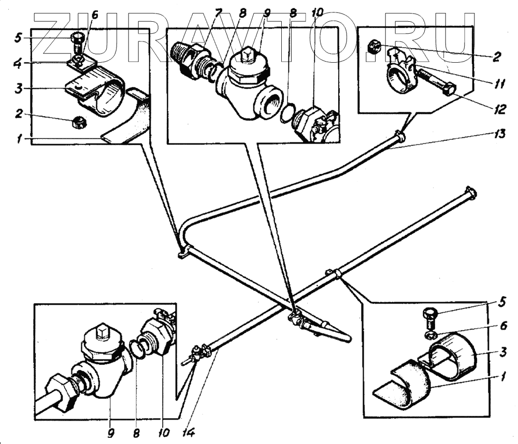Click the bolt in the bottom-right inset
pyautogui.click(x=430, y=316)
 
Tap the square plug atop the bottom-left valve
pyautogui.click(x=102, y=331)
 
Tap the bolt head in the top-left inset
pyautogui.click(x=77, y=38)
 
